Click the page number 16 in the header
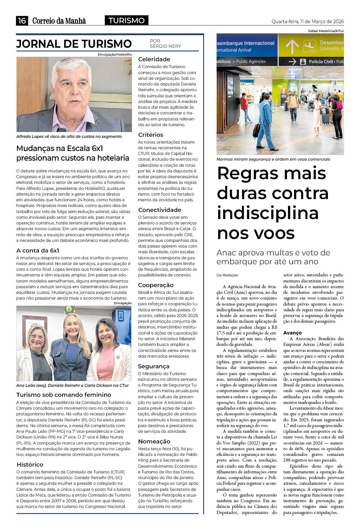22,21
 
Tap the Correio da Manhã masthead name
59,21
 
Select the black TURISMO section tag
127,21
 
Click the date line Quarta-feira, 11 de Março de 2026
308,21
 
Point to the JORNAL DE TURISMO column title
74,44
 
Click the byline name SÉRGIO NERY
165,46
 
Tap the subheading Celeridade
154,59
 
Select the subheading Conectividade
159,210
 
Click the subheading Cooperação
155,285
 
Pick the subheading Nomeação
154,441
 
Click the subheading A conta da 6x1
38,250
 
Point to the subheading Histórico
30,464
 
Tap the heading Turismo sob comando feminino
64,395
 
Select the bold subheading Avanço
292,333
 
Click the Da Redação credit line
227,275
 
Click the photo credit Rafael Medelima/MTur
326,31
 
